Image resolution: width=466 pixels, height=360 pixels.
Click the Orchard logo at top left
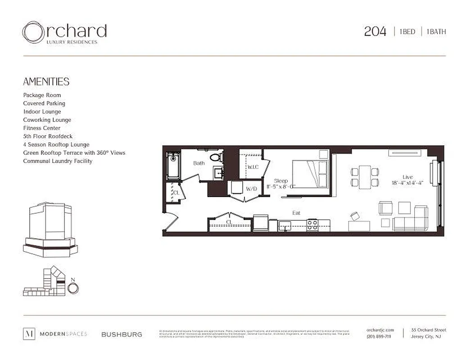point(64,33)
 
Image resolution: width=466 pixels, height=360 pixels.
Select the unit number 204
point(375,31)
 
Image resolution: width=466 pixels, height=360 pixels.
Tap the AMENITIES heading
point(46,81)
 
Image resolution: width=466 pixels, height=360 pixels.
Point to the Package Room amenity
point(42,95)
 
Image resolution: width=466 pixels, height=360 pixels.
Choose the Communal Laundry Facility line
point(58,161)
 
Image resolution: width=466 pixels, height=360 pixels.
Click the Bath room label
point(199,163)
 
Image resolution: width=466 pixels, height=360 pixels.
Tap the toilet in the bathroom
point(217,158)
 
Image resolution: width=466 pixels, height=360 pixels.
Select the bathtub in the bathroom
point(172,166)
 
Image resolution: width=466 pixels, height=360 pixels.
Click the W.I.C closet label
point(253,167)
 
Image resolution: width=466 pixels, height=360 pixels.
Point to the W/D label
point(251,189)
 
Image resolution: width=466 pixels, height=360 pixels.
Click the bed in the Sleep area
point(311,174)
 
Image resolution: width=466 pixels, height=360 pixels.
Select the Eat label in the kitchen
point(296,213)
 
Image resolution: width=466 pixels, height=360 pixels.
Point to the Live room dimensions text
point(407,183)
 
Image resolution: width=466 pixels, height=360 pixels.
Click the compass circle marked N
point(72,288)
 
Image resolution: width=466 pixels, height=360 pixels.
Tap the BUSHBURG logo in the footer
point(122,334)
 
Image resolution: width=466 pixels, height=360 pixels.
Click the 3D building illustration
point(50,229)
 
